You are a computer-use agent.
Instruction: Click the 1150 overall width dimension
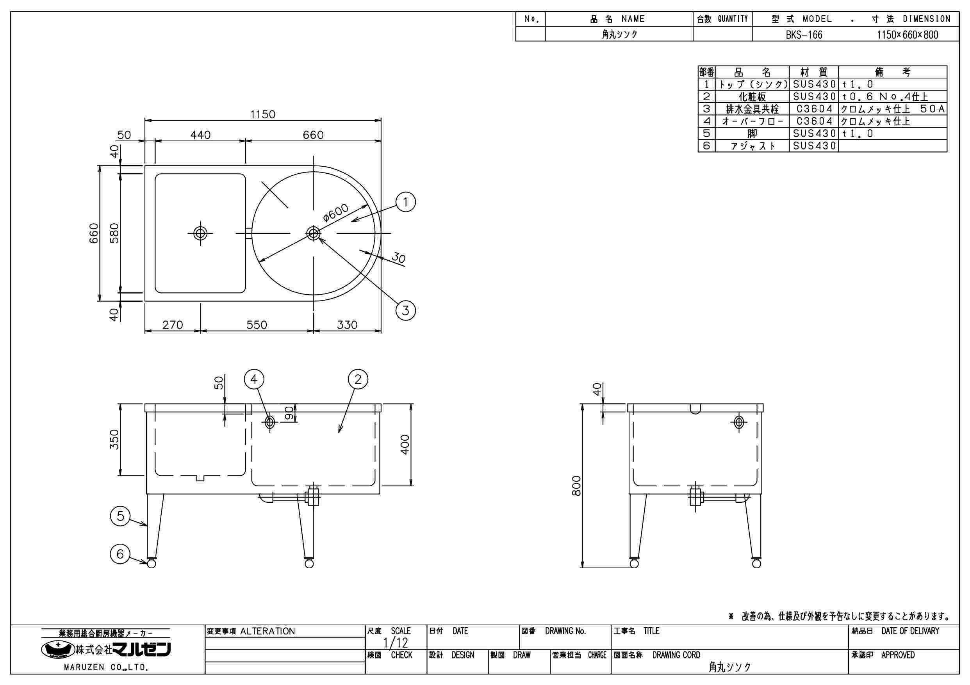(262, 114)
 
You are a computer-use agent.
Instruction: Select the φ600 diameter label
(336, 212)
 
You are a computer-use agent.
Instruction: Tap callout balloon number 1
(405, 202)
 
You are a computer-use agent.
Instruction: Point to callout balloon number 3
(405, 310)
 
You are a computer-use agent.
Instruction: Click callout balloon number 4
(254, 379)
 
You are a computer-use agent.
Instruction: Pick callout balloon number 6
(120, 553)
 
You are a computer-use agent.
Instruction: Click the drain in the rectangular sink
(200, 233)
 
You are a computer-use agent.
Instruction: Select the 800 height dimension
(576, 485)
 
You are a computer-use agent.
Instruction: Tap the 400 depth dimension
(405, 444)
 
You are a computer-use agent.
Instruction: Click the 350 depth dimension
(114, 439)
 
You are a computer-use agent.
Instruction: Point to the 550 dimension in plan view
(257, 325)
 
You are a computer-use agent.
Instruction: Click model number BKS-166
(804, 35)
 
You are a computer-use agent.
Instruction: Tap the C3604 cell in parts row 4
(814, 122)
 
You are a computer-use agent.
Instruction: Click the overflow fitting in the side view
(739, 422)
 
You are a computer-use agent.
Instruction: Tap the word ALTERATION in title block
(267, 632)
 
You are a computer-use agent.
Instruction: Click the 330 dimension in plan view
(347, 325)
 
